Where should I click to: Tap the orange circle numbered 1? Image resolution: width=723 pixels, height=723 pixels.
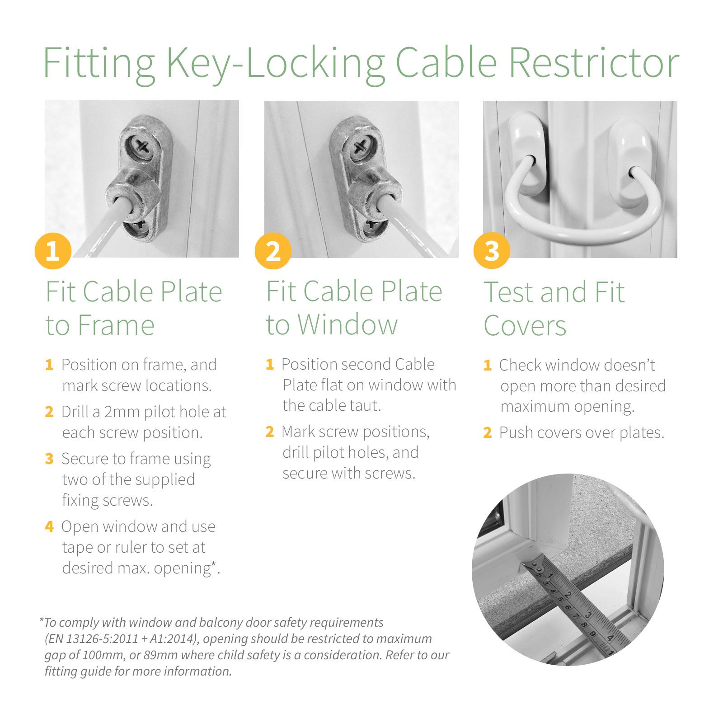[x=53, y=251]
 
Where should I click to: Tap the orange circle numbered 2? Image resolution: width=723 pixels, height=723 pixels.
[x=272, y=251]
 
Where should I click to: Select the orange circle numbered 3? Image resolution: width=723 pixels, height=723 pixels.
[x=492, y=251]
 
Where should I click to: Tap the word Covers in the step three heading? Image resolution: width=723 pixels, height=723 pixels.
[x=525, y=325]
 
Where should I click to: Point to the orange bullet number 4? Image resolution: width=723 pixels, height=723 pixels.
[x=49, y=526]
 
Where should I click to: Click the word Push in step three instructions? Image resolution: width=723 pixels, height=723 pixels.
[x=515, y=433]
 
